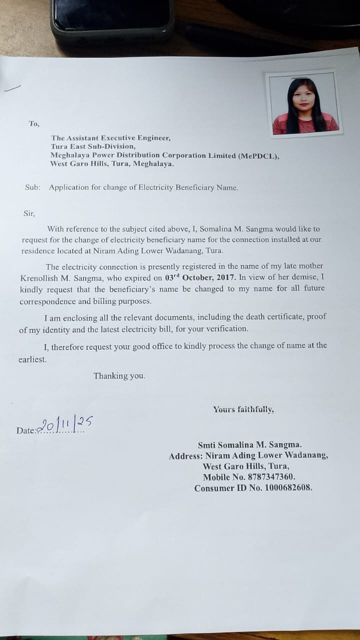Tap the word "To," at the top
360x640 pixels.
[34, 123]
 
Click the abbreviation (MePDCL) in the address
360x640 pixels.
[258, 155]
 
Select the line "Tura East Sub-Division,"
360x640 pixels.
[93, 146]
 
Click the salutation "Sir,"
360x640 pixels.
[29, 213]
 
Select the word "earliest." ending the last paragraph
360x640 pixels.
[32, 359]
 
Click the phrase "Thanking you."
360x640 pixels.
[119, 376]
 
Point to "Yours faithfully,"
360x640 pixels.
[243, 409]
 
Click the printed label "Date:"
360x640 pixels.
[26, 430]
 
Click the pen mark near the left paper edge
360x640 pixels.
[12, 88]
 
